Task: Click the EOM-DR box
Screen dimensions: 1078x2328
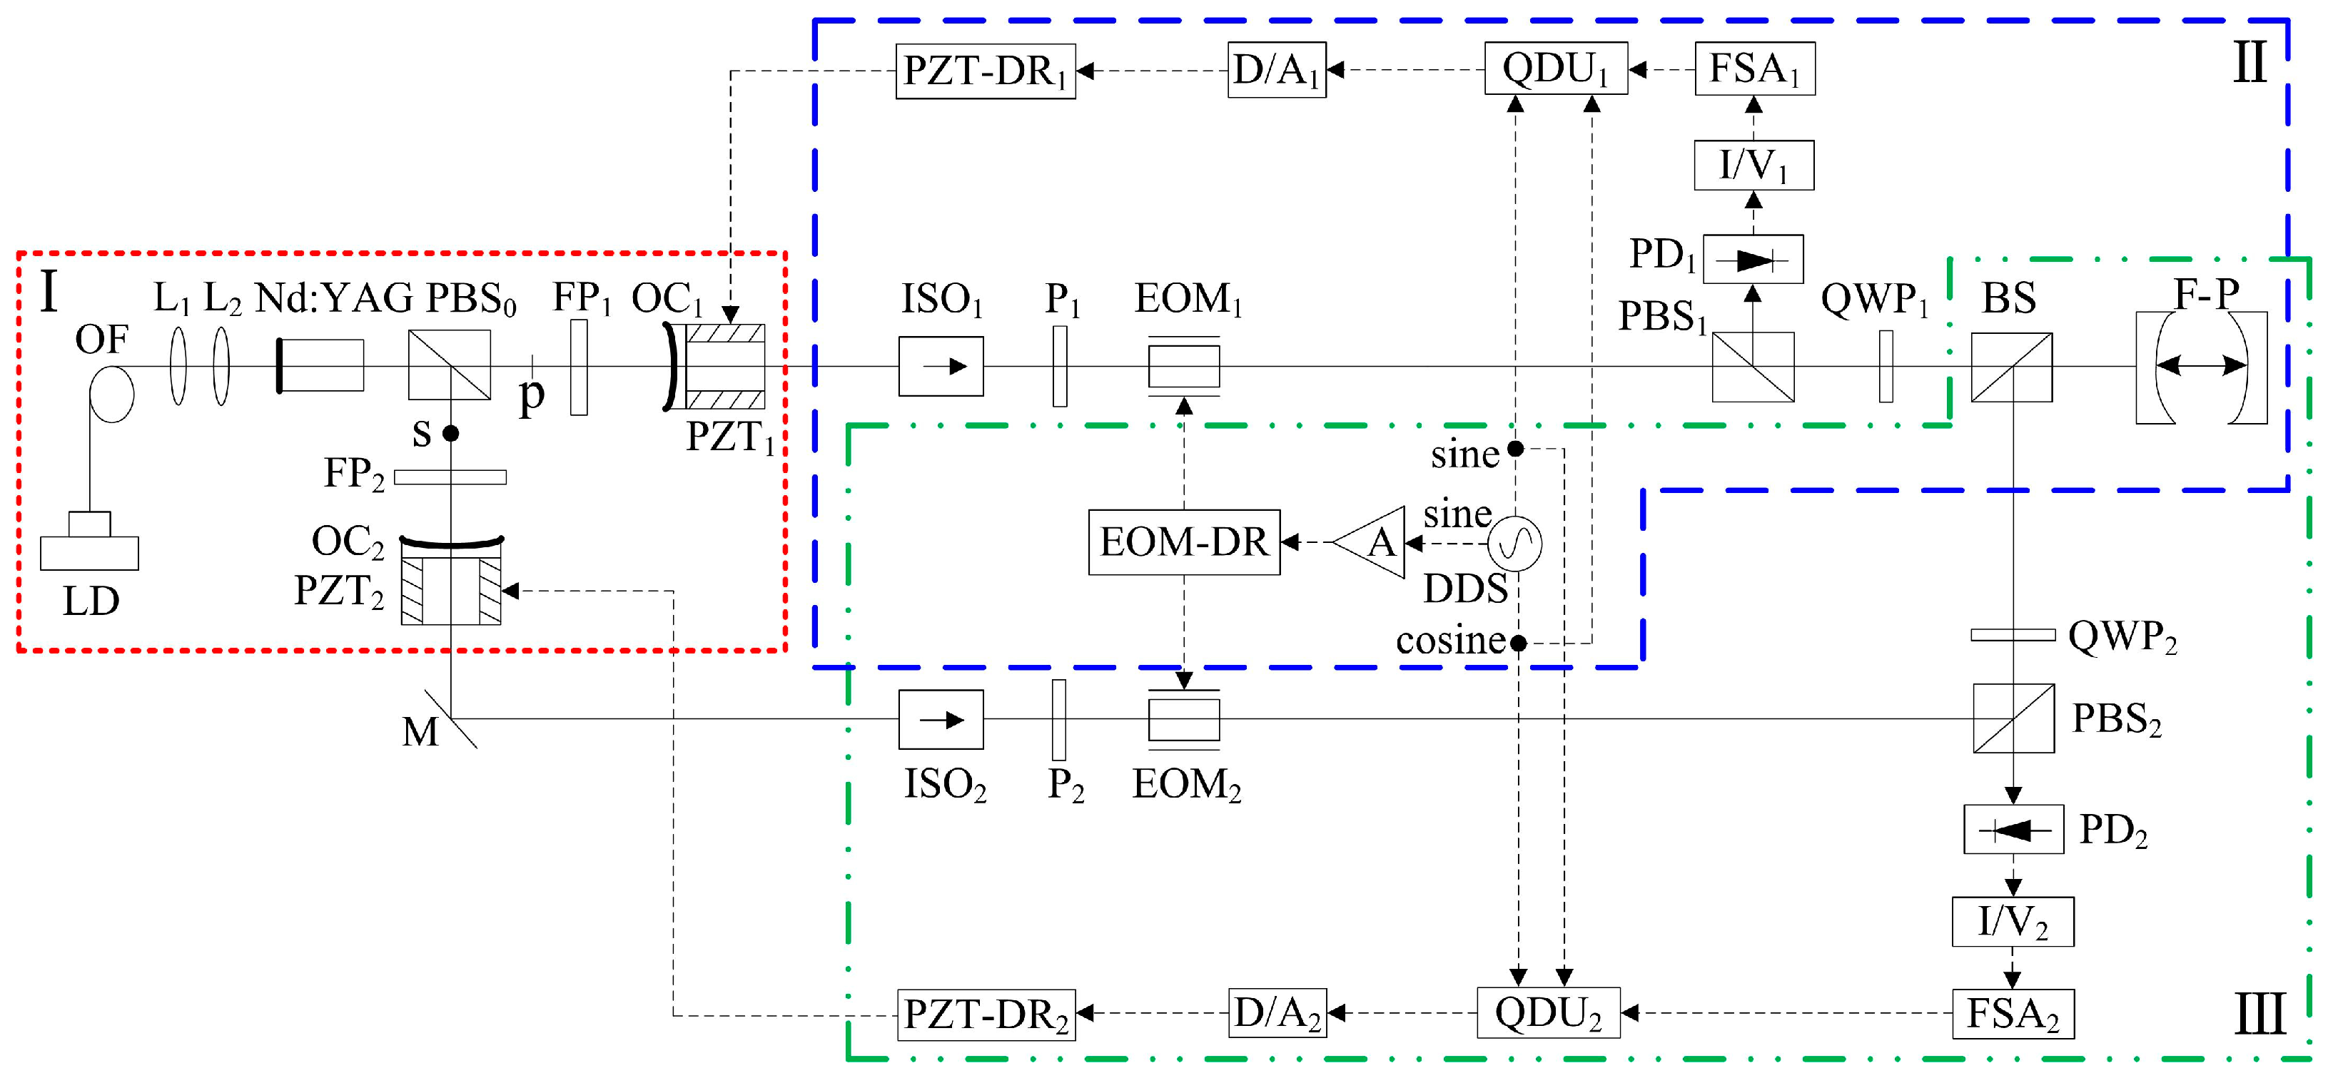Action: [1184, 542]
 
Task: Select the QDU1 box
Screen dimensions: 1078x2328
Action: [1555, 68]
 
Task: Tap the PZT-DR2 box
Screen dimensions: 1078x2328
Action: [986, 1015]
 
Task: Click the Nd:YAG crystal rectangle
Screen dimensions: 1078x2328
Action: [322, 365]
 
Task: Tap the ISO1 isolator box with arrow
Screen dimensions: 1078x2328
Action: [941, 366]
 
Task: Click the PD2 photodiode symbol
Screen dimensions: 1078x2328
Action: [2013, 828]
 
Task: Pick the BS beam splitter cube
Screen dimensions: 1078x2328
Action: [2011, 367]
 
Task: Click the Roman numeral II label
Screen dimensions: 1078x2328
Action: [2249, 63]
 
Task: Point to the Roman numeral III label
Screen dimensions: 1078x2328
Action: [2259, 1014]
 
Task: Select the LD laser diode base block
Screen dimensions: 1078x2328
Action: [89, 553]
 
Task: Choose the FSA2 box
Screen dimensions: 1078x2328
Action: [2013, 1014]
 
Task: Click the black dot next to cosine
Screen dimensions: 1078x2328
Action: [1518, 644]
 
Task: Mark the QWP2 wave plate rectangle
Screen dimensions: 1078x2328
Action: [2013, 635]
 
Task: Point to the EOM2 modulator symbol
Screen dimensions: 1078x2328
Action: [1184, 719]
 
